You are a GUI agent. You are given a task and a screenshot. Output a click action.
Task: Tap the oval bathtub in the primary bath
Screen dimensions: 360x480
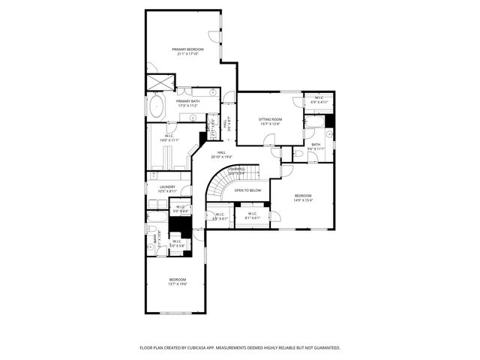click(x=157, y=106)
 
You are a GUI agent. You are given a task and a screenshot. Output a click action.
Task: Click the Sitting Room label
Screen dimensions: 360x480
click(x=270, y=119)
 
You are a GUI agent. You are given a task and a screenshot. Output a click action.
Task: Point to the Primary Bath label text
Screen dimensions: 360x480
click(x=188, y=101)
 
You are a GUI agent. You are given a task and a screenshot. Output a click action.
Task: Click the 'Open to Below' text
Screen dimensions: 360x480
click(x=247, y=190)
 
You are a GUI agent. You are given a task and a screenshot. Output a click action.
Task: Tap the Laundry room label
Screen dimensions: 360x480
click(x=167, y=187)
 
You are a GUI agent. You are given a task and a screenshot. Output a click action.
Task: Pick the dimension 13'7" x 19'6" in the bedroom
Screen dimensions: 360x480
click(x=177, y=284)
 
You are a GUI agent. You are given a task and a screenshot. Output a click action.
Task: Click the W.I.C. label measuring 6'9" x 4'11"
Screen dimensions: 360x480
click(x=319, y=101)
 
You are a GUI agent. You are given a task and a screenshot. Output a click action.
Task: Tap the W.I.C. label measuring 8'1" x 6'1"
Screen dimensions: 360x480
click(x=251, y=217)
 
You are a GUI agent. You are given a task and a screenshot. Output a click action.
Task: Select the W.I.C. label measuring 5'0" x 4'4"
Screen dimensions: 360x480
click(x=181, y=211)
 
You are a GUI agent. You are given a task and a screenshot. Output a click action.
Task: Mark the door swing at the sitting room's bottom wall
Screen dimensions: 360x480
click(x=269, y=139)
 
